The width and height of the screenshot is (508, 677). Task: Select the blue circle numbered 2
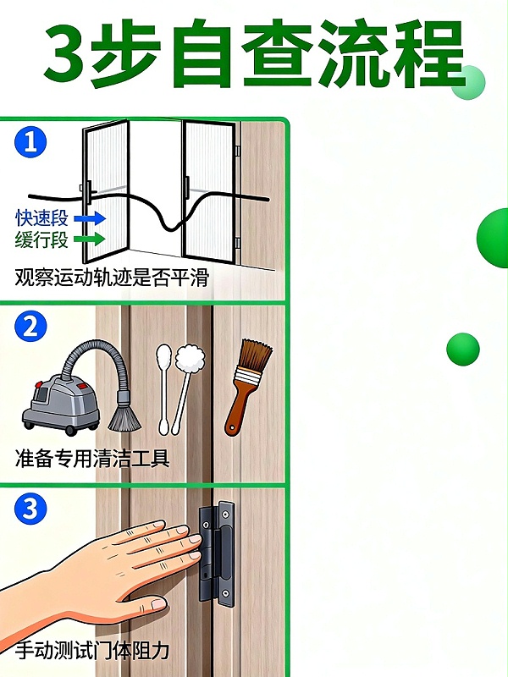pyautogui.click(x=30, y=326)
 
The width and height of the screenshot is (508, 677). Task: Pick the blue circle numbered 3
pyautogui.click(x=30, y=509)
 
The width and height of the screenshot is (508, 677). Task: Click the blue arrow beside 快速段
pyautogui.click(x=90, y=218)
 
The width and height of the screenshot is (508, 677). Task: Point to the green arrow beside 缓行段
pyautogui.click(x=90, y=239)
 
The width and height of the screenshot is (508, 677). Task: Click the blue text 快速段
pyautogui.click(x=41, y=218)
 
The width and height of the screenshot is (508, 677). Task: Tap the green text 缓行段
pyautogui.click(x=41, y=239)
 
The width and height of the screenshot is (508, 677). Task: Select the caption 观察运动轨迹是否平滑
pyautogui.click(x=112, y=278)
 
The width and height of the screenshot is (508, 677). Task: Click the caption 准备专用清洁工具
pyautogui.click(x=92, y=458)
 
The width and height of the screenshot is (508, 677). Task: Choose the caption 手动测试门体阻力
pyautogui.click(x=92, y=650)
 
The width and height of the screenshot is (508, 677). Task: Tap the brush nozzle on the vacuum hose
pyautogui.click(x=124, y=418)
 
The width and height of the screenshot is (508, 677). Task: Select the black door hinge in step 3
pyautogui.click(x=217, y=553)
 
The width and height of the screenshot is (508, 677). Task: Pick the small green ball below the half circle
pyautogui.click(x=463, y=350)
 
